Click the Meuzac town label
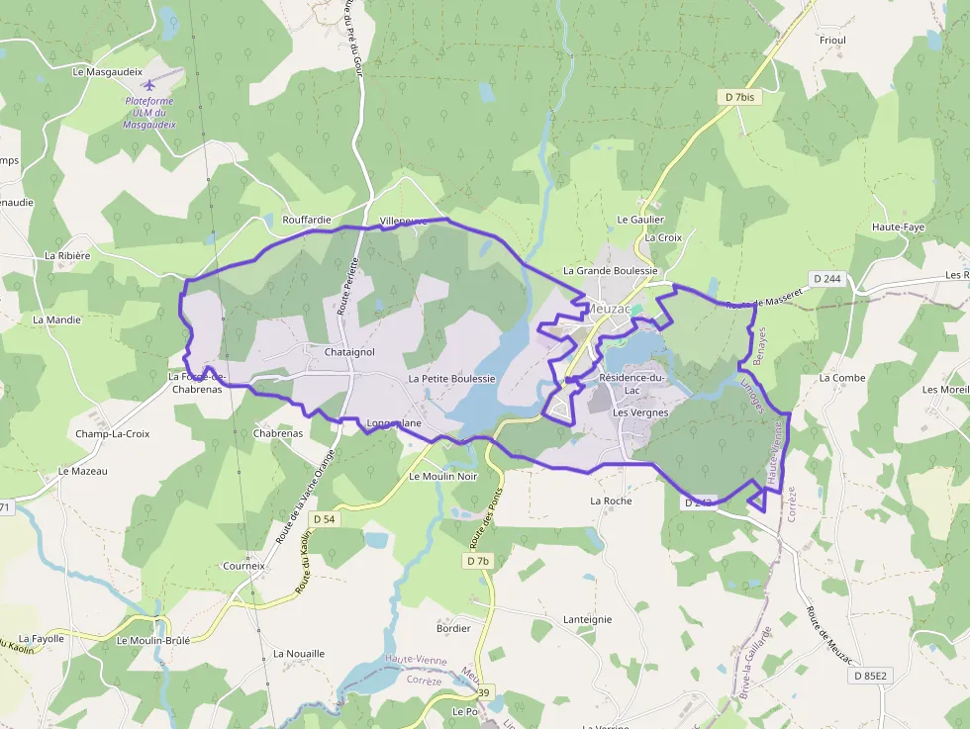pos(610,309)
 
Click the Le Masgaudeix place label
pos(108,72)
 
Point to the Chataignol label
pos(348,352)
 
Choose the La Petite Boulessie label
pos(451,379)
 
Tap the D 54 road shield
pos(324,519)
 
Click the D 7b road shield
pos(477,561)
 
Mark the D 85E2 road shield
pos(870,676)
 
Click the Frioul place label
pos(832,41)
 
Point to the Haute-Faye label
pos(898,227)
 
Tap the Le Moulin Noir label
pos(442,476)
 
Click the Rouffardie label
pos(307,220)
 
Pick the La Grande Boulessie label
pos(610,270)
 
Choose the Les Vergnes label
pos(640,412)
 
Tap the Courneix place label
pos(243,567)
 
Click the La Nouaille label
pos(298,654)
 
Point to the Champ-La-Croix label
pos(112,433)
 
